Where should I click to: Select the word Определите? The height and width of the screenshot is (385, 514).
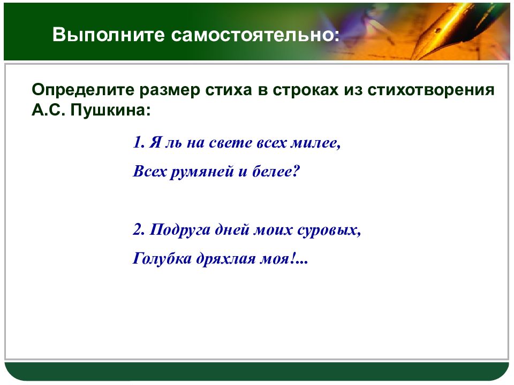point(83,90)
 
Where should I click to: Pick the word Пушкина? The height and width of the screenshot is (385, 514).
point(110,110)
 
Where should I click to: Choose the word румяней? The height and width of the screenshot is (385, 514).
point(202,172)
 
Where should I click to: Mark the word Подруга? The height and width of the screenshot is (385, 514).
point(180,230)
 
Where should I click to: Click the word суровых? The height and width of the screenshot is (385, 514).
point(329,230)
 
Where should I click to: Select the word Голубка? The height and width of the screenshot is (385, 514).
point(162,259)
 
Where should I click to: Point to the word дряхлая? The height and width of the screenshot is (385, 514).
point(226,259)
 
